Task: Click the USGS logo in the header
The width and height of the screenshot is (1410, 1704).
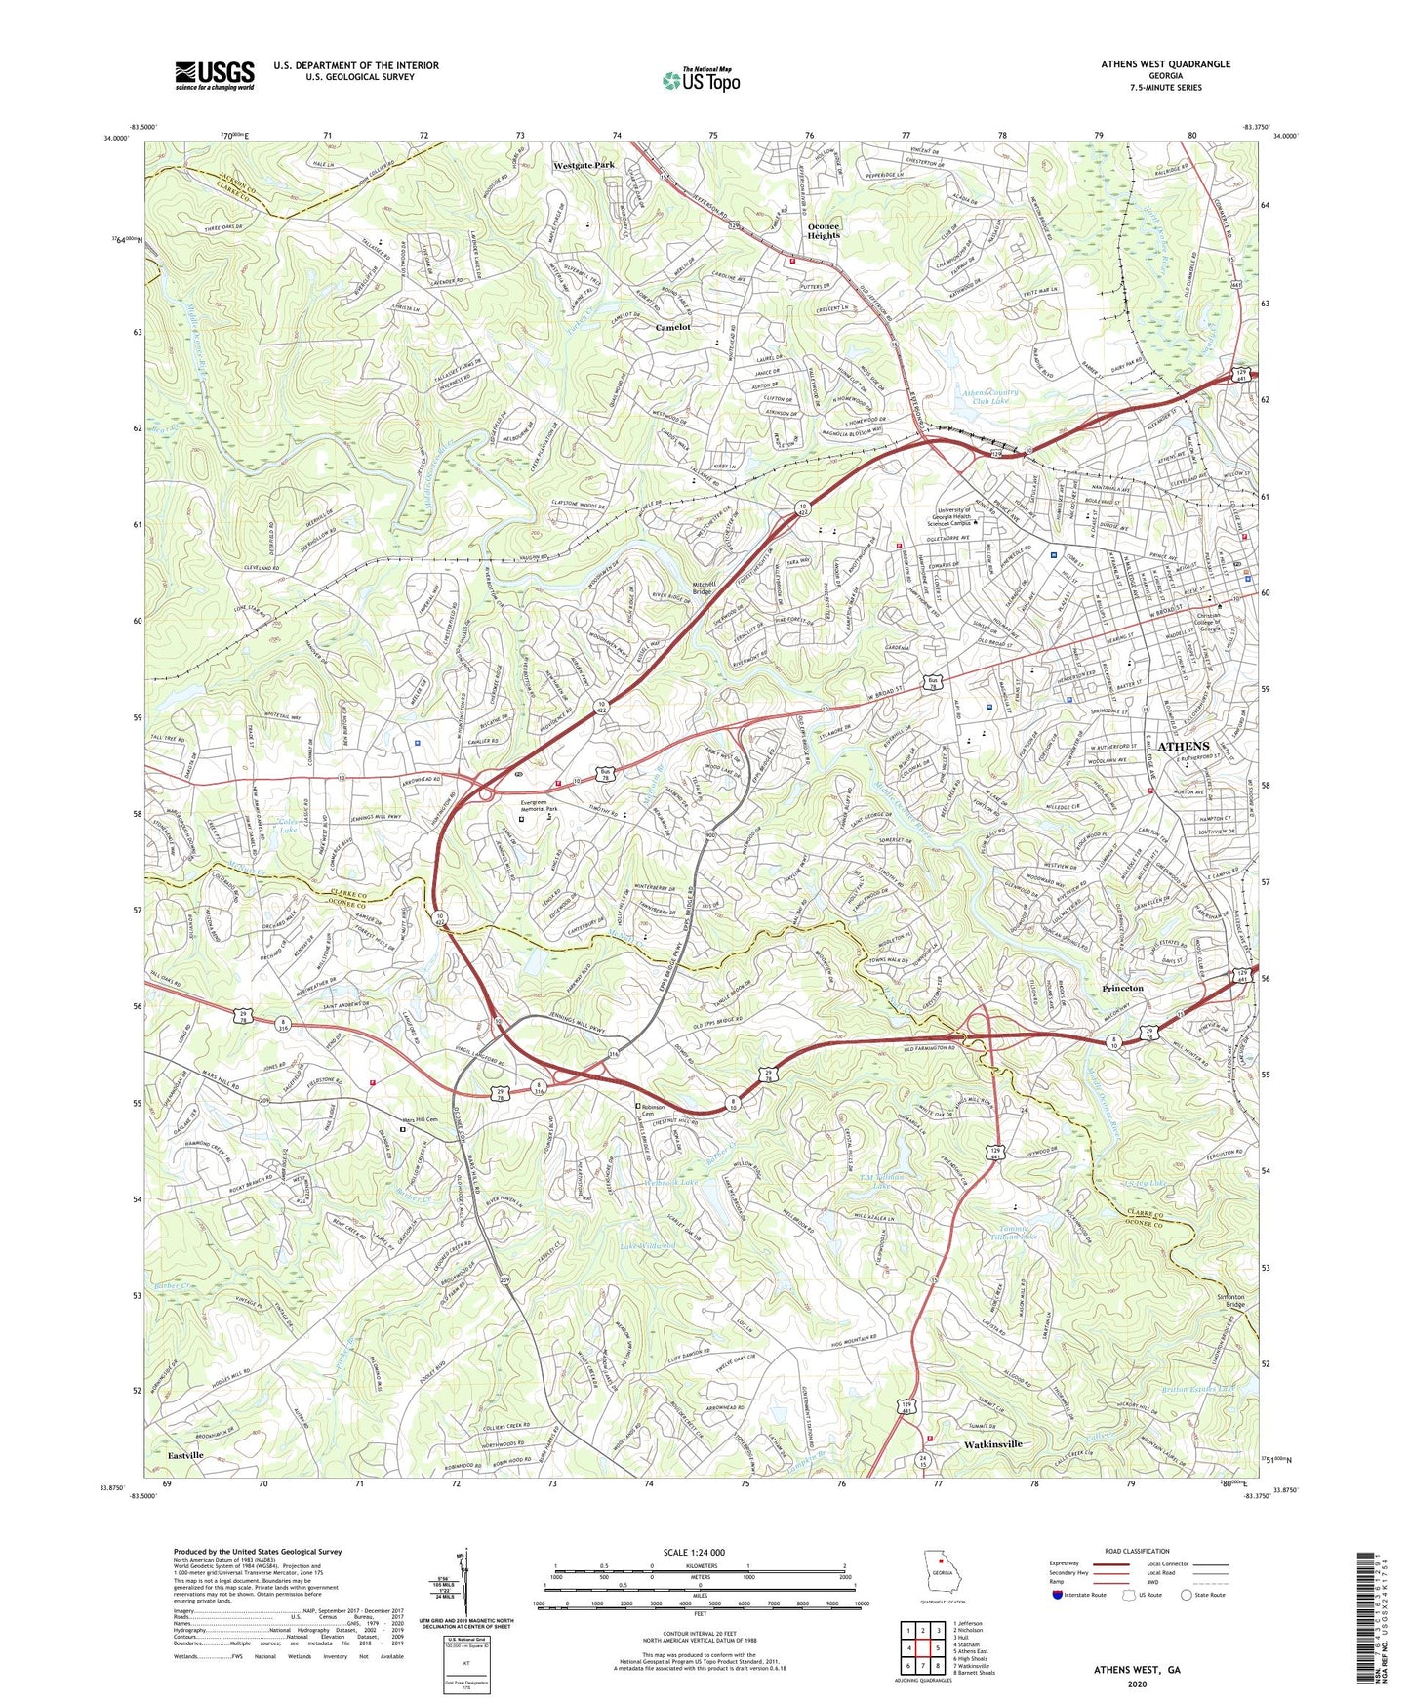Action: click(215, 75)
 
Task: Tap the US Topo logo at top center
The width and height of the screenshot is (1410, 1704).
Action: click(700, 80)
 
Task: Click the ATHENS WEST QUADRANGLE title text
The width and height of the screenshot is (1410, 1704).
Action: click(1165, 64)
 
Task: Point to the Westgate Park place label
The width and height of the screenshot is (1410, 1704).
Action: click(584, 166)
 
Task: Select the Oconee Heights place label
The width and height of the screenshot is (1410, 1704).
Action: click(824, 231)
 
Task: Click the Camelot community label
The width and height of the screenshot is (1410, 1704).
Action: click(672, 328)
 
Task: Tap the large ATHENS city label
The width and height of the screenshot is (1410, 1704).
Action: click(1183, 747)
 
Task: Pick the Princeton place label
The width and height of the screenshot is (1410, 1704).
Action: click(1122, 989)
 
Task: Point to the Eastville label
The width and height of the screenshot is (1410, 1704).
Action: click(185, 1455)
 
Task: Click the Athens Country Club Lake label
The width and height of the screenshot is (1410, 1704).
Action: click(990, 396)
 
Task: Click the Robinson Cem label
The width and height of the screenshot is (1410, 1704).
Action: click(653, 1111)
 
